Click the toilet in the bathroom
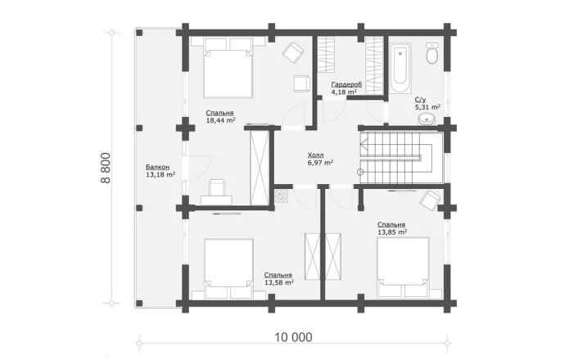[432, 54]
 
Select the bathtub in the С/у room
[400, 68]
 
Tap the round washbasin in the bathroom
[427, 119]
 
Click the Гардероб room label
[346, 84]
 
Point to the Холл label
[315, 155]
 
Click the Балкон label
[158, 167]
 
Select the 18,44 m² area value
[221, 120]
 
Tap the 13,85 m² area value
[392, 232]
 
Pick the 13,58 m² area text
[279, 282]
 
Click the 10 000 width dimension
[293, 337]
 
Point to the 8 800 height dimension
[106, 168]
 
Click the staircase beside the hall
[401, 157]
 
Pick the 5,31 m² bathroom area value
[427, 107]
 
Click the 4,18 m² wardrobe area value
[344, 92]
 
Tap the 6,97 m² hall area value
[321, 163]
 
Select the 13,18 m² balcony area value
[160, 174]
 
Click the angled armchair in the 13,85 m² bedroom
[431, 200]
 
